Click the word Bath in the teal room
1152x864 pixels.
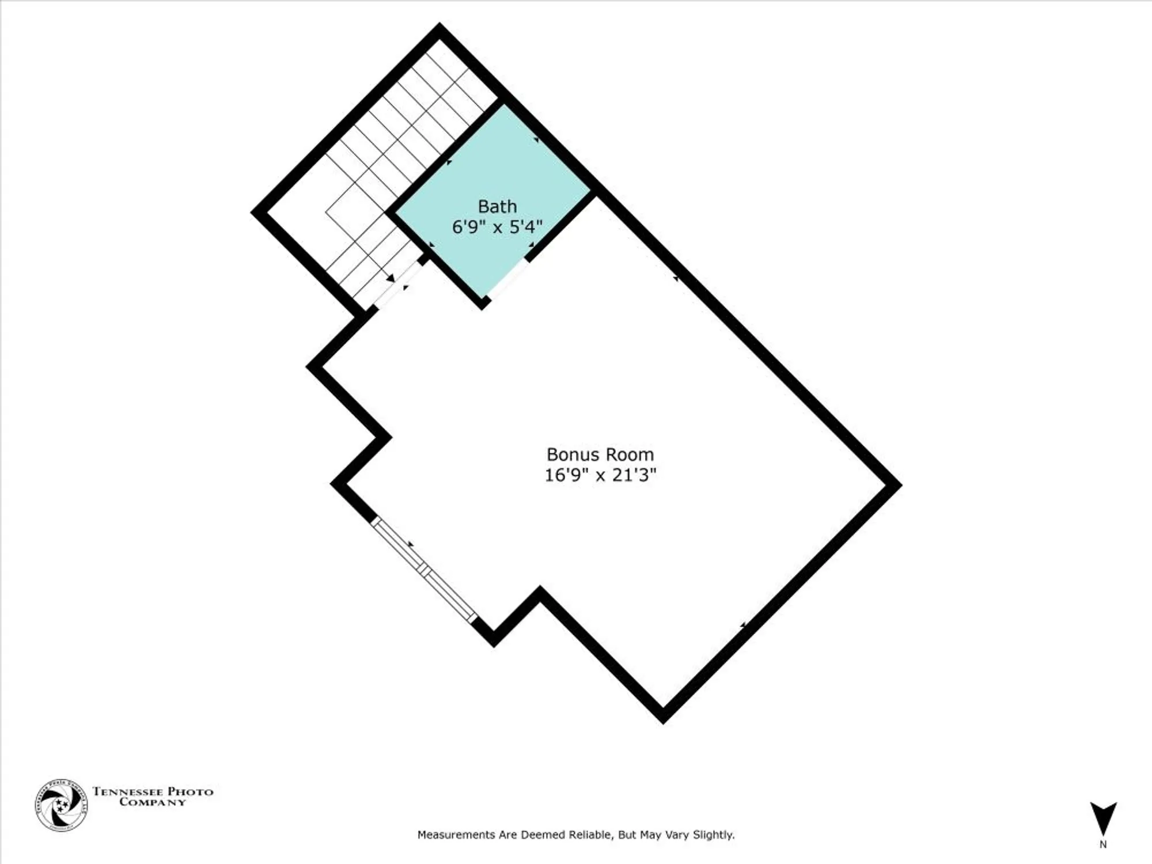[x=497, y=206]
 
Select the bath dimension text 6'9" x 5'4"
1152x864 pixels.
[x=497, y=227]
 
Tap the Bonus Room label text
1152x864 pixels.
[x=600, y=454]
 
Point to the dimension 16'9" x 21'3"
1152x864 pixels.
[x=600, y=475]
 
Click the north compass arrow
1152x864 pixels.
[x=1103, y=818]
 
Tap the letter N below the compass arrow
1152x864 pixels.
[x=1103, y=845]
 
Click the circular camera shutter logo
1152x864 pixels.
[x=61, y=805]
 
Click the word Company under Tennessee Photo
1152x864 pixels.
[x=153, y=802]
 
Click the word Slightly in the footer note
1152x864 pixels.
[x=713, y=835]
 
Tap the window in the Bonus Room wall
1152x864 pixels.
[x=424, y=569]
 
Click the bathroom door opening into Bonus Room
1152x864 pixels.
[x=507, y=280]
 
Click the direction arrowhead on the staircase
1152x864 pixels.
[x=391, y=279]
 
